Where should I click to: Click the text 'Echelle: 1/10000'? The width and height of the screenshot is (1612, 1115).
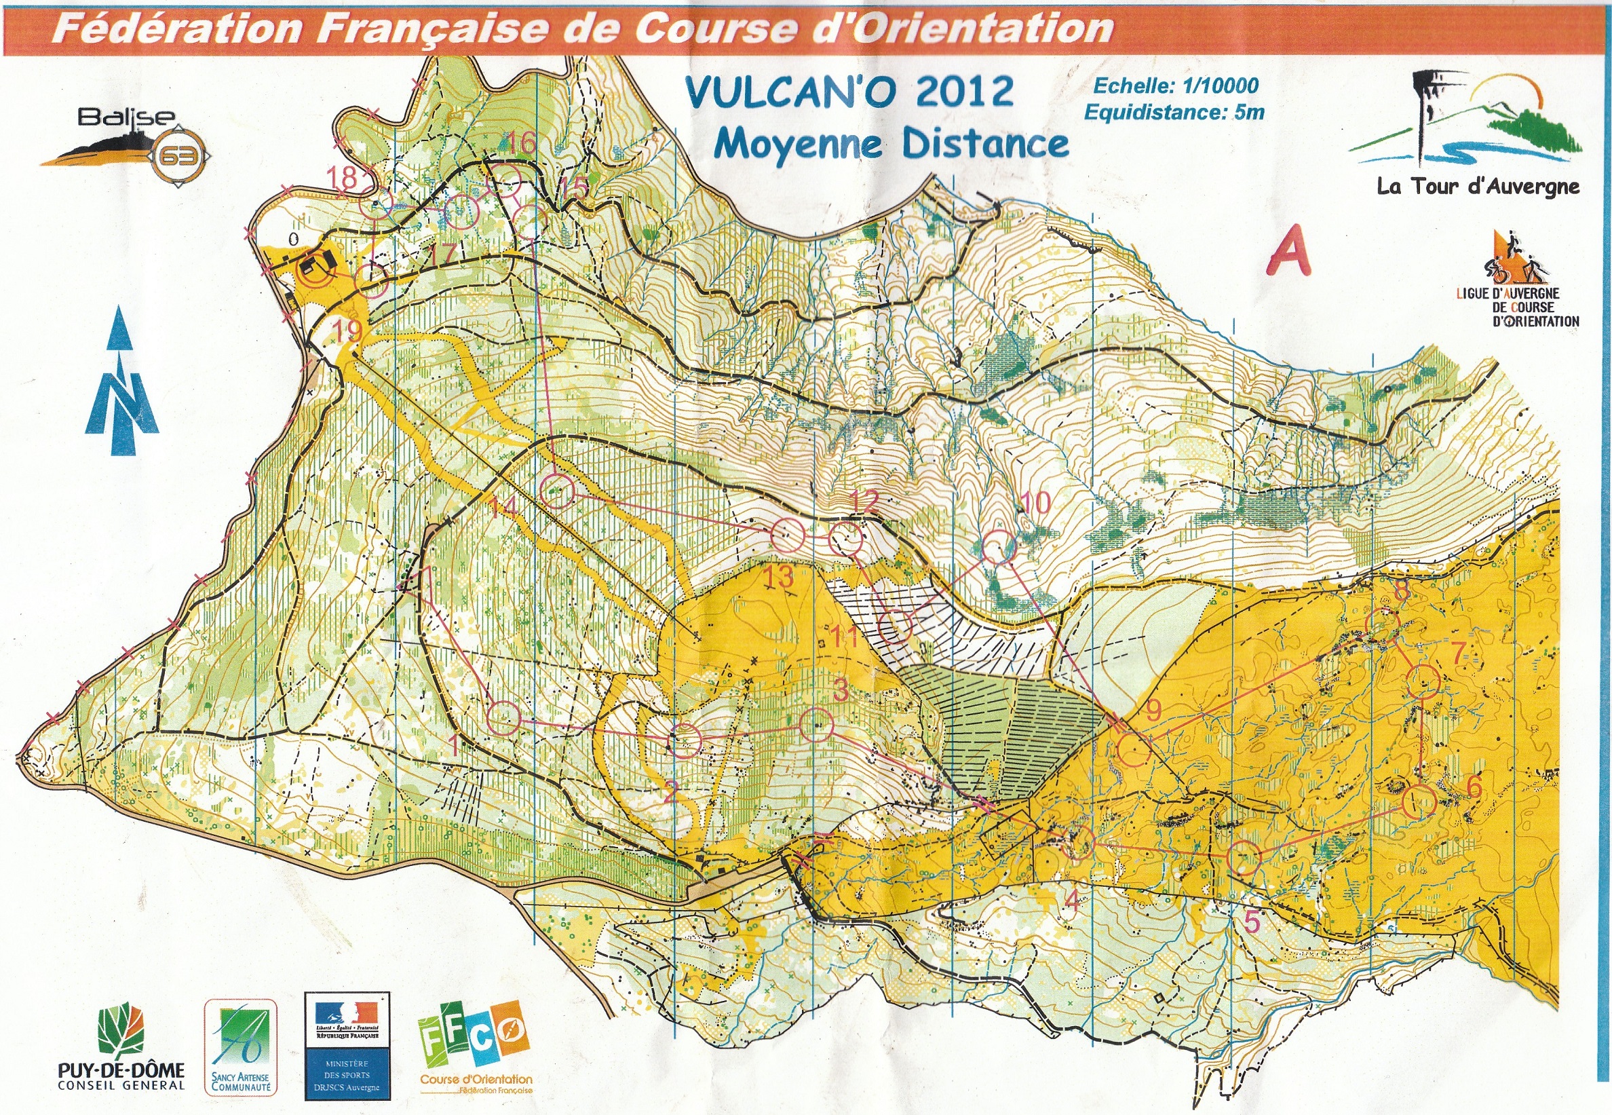[1175, 86]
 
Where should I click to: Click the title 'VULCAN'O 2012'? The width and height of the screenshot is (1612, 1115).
[849, 92]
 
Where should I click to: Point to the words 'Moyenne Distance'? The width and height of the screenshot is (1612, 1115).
[891, 144]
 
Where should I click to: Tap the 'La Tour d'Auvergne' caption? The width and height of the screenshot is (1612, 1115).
[1477, 187]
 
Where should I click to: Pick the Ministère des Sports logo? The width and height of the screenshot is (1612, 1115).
[347, 1046]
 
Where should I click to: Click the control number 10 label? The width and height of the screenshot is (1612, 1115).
[1036, 501]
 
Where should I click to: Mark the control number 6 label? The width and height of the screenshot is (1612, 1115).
[1474, 787]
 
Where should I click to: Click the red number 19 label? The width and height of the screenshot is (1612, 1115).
[347, 330]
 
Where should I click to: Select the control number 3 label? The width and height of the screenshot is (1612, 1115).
[841, 690]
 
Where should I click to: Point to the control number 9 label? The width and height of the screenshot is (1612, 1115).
[1153, 710]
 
